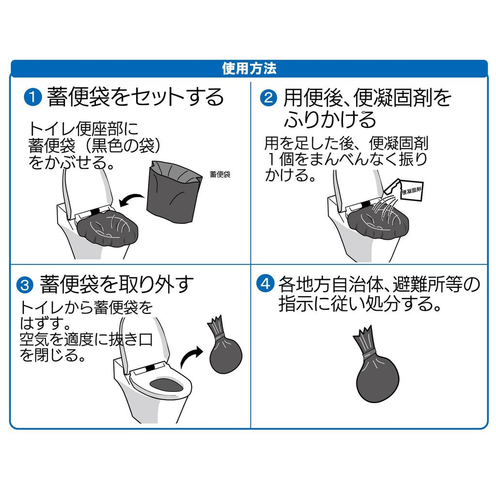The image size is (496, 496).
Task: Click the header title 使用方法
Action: (x=248, y=68)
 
